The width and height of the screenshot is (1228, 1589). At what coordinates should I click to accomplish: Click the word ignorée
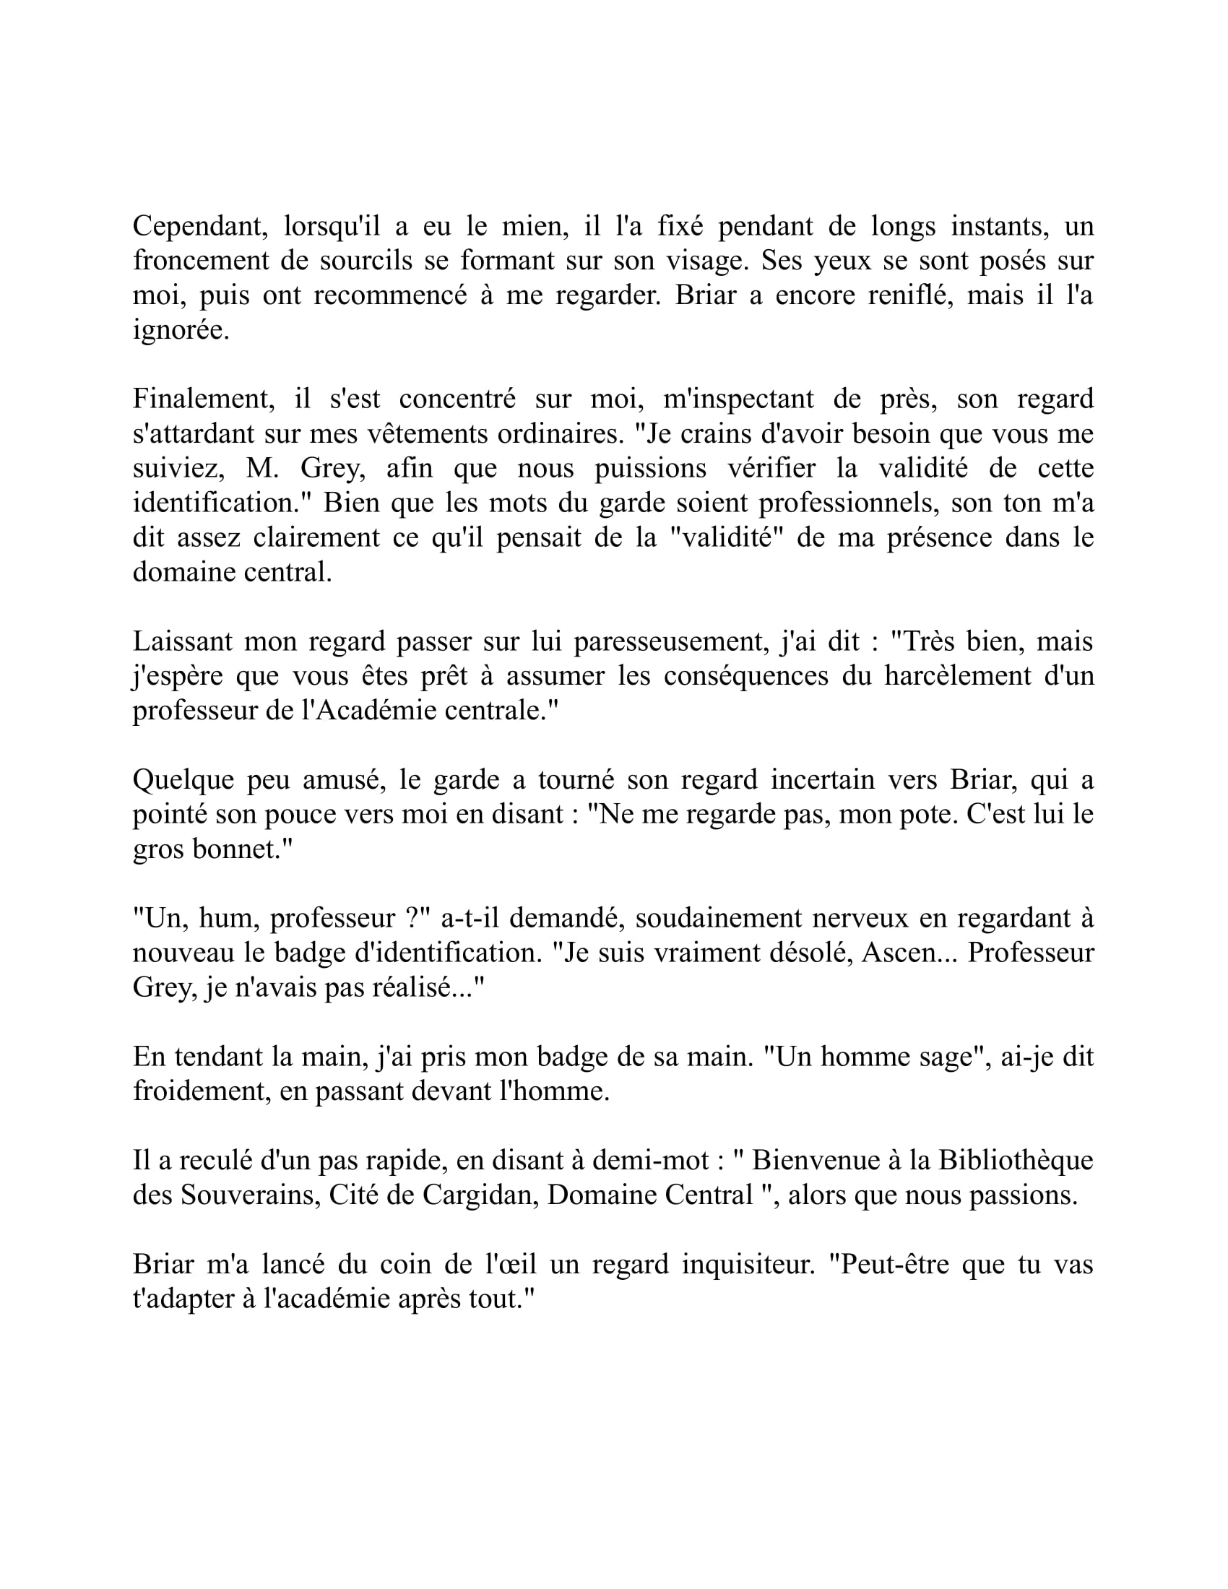(181, 331)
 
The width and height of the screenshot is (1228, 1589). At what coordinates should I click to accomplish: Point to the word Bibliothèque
(1016, 1161)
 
